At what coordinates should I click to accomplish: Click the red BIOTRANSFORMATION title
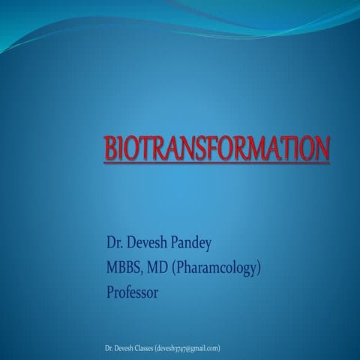215,147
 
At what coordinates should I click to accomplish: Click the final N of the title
320,147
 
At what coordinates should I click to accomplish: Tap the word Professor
133,292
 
